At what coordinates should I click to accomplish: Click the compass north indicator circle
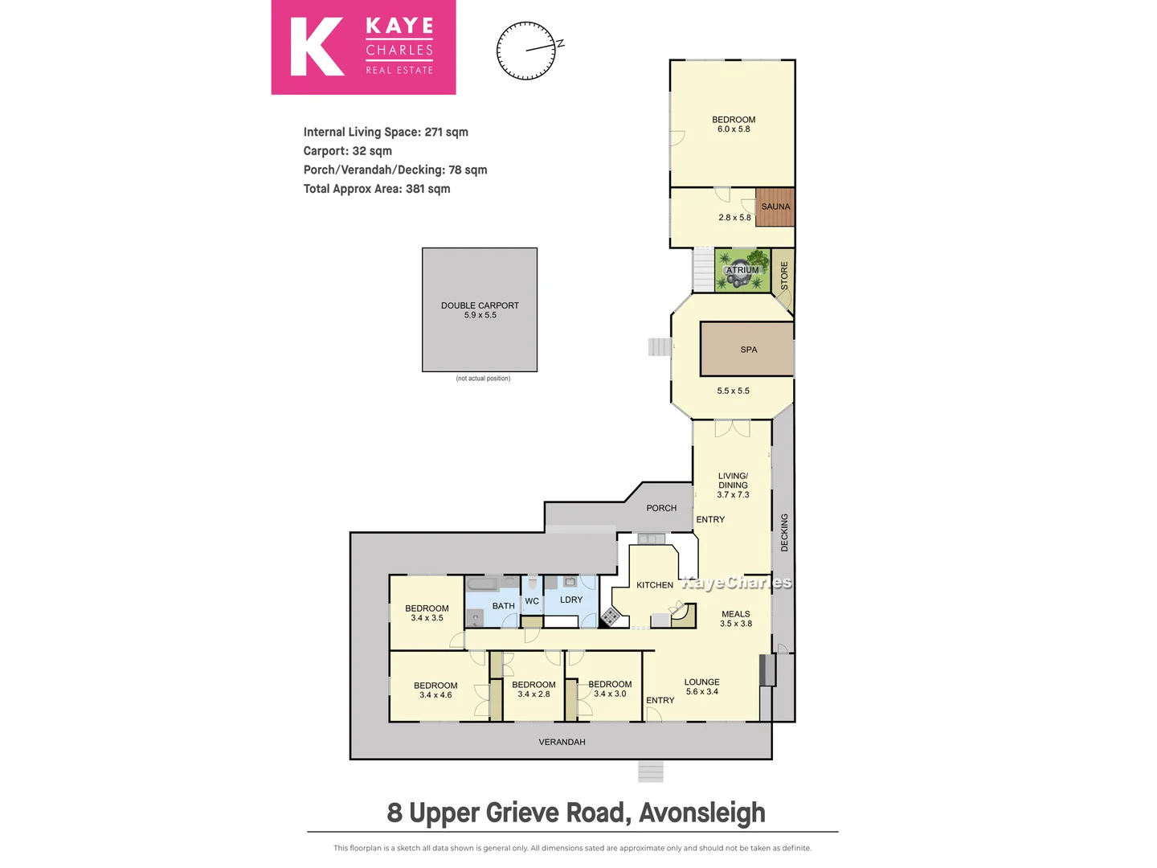[526, 51]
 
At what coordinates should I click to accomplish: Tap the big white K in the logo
[317, 47]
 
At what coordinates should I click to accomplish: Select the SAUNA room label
[775, 207]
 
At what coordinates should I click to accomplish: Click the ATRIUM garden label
[742, 270]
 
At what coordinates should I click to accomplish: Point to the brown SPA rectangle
[747, 350]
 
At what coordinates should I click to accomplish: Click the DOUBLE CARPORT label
[480, 305]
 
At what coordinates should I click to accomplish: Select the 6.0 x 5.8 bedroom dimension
[734, 129]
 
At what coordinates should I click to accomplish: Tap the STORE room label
[784, 276]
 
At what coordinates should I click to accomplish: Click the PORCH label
[661, 508]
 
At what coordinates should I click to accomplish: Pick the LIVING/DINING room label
[733, 481]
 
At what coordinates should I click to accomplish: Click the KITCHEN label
[654, 585]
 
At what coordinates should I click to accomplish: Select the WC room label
[532, 601]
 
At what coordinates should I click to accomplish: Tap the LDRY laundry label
[571, 600]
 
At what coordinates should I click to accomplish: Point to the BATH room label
[503, 606]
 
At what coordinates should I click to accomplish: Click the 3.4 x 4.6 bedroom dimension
[435, 695]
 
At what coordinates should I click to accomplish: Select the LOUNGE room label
[701, 682]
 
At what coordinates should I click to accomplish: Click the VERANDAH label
[562, 742]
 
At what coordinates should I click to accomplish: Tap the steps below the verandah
[651, 772]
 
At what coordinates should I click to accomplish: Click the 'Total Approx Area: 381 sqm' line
[377, 189]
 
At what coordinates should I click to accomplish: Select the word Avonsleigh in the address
[702, 813]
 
